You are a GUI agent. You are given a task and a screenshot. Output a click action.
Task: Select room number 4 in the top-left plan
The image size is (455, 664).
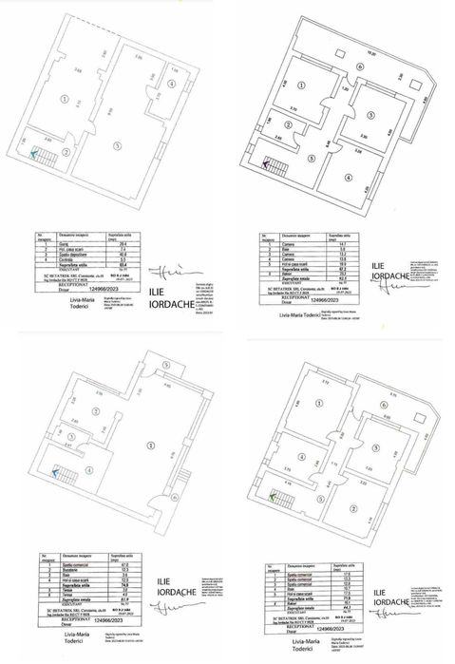pos(170,84)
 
